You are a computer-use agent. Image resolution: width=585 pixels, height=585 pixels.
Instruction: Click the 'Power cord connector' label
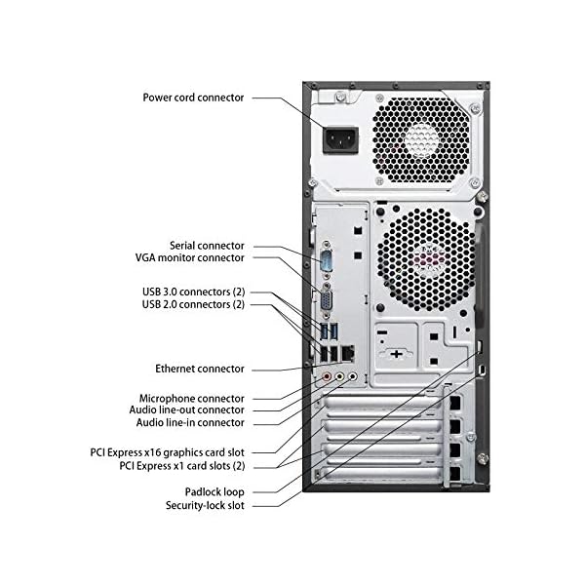(193, 97)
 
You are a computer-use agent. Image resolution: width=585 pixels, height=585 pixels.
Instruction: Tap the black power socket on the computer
(340, 140)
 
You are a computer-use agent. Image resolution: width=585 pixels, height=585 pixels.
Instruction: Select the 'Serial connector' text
(207, 246)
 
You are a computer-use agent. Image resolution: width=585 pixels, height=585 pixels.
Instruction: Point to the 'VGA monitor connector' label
(189, 257)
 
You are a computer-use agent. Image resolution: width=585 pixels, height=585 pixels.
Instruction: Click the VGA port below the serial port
(328, 299)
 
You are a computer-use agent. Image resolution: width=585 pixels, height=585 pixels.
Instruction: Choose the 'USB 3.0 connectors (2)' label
(194, 292)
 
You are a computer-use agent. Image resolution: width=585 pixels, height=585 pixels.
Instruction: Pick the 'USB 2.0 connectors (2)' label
(193, 304)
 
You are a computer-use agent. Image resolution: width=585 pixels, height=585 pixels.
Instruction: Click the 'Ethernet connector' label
(200, 369)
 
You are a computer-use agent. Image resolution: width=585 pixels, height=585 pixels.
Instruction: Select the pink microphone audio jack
(327, 376)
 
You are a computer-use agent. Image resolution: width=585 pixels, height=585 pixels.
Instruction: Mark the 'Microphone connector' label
(192, 399)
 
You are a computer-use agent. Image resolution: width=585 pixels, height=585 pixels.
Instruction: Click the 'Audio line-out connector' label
(186, 410)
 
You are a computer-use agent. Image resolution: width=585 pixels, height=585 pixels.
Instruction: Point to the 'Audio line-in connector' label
(190, 423)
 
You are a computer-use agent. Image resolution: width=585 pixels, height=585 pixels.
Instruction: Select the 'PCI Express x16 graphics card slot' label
(167, 452)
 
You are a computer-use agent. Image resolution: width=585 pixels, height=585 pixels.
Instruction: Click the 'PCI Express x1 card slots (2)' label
(182, 466)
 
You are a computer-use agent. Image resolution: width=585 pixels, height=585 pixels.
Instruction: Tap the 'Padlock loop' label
(214, 492)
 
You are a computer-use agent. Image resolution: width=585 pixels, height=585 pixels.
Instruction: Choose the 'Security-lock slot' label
(205, 505)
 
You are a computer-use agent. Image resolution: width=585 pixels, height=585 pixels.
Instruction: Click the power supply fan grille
(421, 139)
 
